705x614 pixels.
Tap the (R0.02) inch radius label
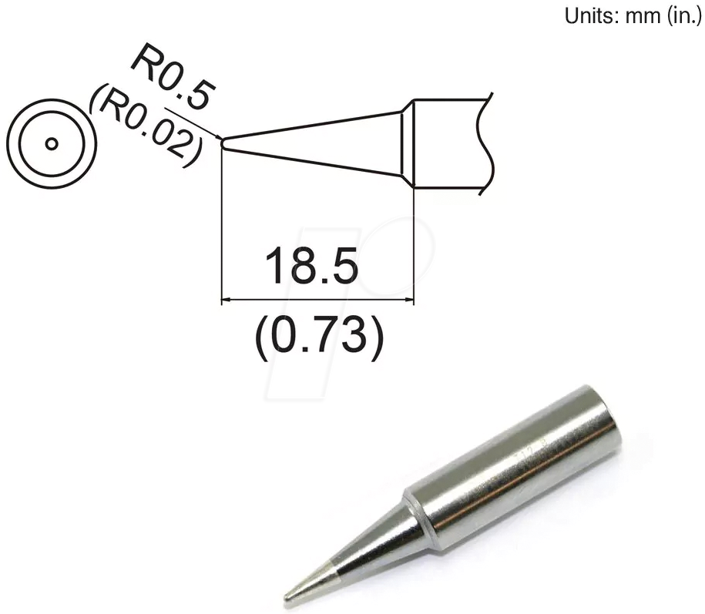[146, 123]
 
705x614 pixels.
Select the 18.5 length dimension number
[311, 266]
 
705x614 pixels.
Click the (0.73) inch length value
[317, 339]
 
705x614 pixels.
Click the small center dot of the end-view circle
[51, 144]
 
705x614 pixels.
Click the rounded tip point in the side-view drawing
[223, 142]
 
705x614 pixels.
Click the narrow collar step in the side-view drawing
[408, 143]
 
